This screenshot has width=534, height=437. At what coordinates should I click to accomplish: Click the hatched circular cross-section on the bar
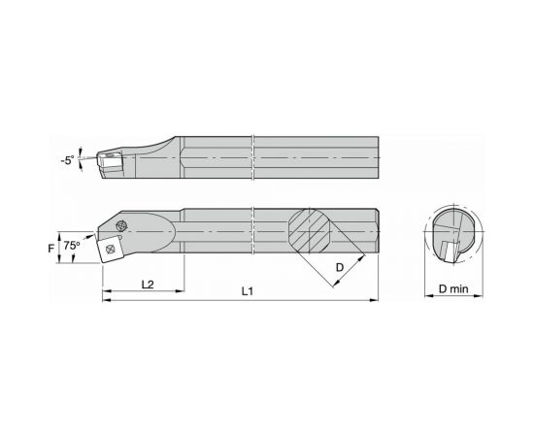tap(313, 232)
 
